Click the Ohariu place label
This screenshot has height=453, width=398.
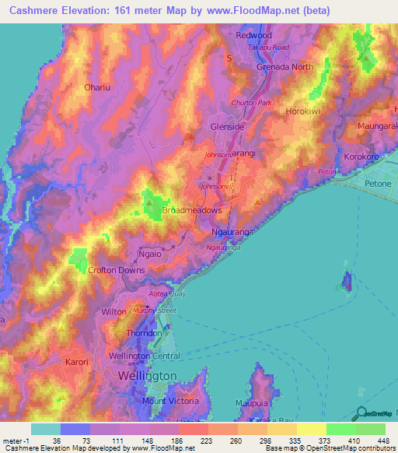point(98,87)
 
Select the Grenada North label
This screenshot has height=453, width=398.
point(285,67)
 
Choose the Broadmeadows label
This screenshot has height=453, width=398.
point(192,211)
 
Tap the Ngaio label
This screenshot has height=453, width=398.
point(127,254)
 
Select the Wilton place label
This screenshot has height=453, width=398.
point(113,311)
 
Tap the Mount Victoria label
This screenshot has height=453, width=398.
point(172,401)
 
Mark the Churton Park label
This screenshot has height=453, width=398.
point(250,103)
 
